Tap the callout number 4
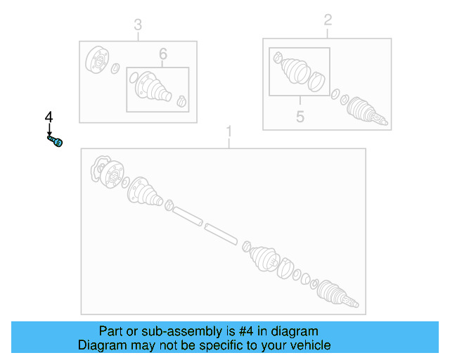(49, 117)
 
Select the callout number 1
(228, 131)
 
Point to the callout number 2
(328, 20)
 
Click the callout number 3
(138, 26)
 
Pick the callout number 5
(300, 116)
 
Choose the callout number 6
(162, 53)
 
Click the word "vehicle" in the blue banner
(309, 345)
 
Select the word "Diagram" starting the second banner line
(101, 345)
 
